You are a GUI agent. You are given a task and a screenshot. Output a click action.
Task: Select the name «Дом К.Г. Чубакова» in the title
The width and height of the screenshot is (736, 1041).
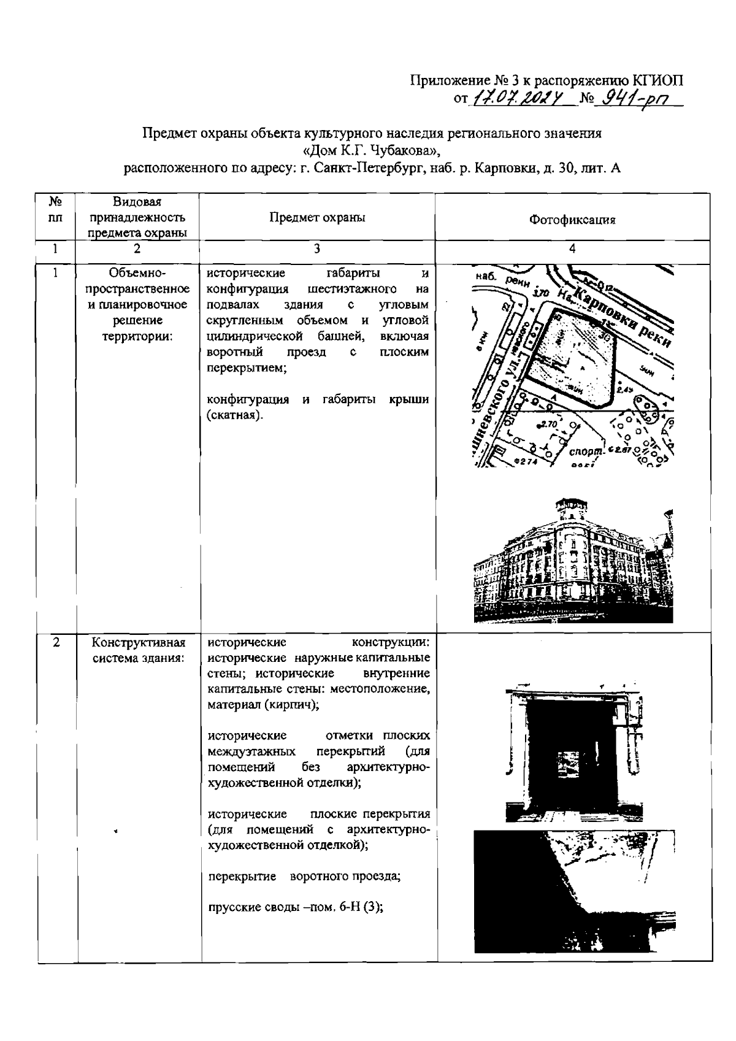coord(372,150)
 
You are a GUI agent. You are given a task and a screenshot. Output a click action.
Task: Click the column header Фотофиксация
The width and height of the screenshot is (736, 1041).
coord(572,220)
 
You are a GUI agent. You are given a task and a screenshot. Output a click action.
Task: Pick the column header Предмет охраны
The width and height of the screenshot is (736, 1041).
coord(317,218)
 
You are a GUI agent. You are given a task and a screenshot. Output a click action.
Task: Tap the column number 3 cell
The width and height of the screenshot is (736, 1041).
coord(316,248)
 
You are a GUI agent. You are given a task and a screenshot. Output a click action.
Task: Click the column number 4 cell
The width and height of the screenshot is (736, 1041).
coord(572,248)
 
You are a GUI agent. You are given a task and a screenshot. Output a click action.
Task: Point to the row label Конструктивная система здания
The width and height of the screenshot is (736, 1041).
coord(138,650)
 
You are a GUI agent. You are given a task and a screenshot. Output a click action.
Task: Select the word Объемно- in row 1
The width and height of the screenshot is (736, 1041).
coord(138,273)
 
